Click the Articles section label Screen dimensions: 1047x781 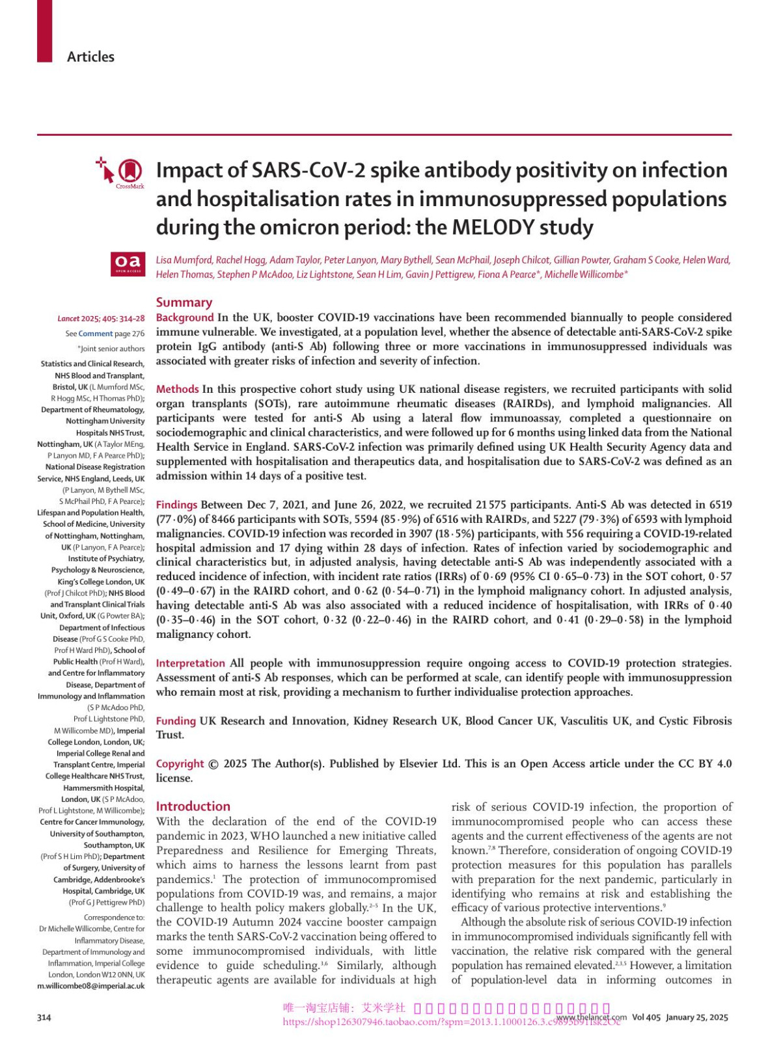[x=90, y=57]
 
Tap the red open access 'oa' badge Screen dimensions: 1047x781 [x=128, y=263]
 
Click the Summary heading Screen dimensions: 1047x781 [x=184, y=302]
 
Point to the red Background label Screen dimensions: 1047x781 [x=185, y=318]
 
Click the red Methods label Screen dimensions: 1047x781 [x=177, y=390]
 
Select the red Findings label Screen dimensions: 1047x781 [x=176, y=505]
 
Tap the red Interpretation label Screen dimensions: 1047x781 [x=190, y=663]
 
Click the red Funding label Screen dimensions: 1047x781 [x=176, y=721]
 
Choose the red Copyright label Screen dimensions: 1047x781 [x=180, y=764]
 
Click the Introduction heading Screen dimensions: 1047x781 [x=193, y=806]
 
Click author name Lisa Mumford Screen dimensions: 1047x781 [x=184, y=260]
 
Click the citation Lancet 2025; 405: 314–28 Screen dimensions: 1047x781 [x=101, y=319]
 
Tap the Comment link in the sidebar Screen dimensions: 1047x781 [x=95, y=334]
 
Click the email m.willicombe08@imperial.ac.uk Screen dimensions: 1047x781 [x=91, y=987]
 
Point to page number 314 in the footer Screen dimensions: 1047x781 [x=44, y=1018]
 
